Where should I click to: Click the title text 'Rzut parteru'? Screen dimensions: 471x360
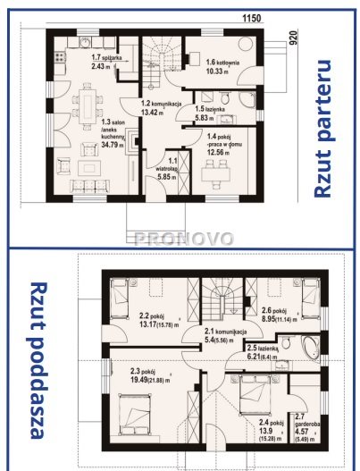click(326, 129)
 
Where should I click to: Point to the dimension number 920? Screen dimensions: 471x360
click(291, 40)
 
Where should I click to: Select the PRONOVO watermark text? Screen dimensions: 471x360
click(183, 239)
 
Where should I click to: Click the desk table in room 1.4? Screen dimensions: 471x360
click(217, 172)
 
